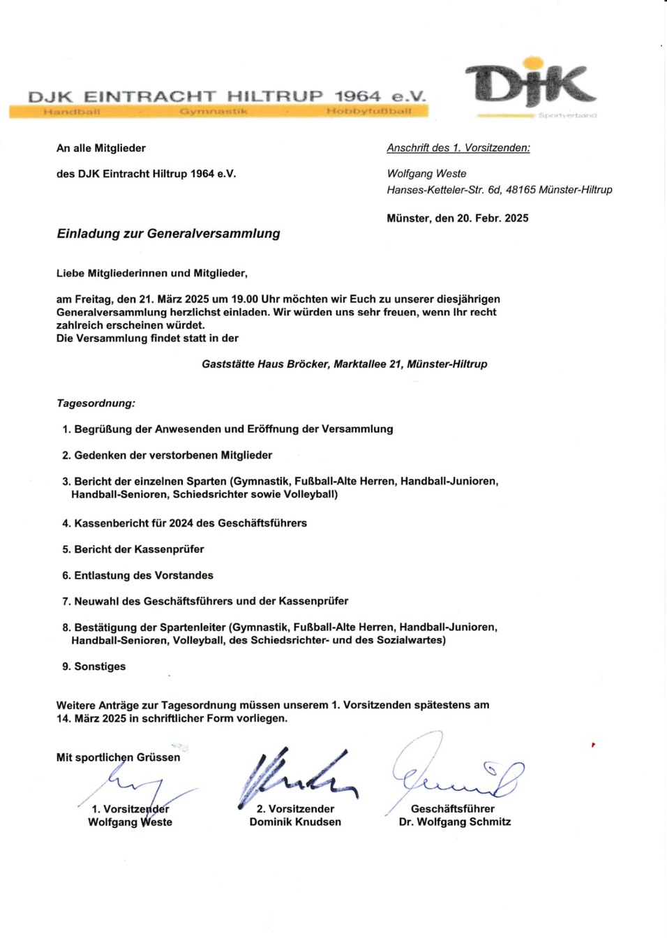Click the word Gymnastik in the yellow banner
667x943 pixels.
(x=213, y=111)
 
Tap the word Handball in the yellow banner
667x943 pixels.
(x=72, y=111)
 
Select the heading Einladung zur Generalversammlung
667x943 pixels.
(x=168, y=234)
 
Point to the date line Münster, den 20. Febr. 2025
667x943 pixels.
(x=457, y=218)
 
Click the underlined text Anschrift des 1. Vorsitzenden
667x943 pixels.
(x=458, y=148)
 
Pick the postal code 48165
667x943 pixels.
(x=520, y=190)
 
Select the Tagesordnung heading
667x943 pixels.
(x=96, y=403)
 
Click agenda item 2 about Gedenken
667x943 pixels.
(x=167, y=455)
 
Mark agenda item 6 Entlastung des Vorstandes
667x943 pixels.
(x=137, y=575)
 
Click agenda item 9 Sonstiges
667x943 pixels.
(x=94, y=667)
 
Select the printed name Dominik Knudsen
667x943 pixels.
(x=295, y=822)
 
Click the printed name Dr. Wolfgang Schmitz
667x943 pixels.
(x=454, y=822)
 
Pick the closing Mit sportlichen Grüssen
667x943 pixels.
(x=118, y=757)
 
